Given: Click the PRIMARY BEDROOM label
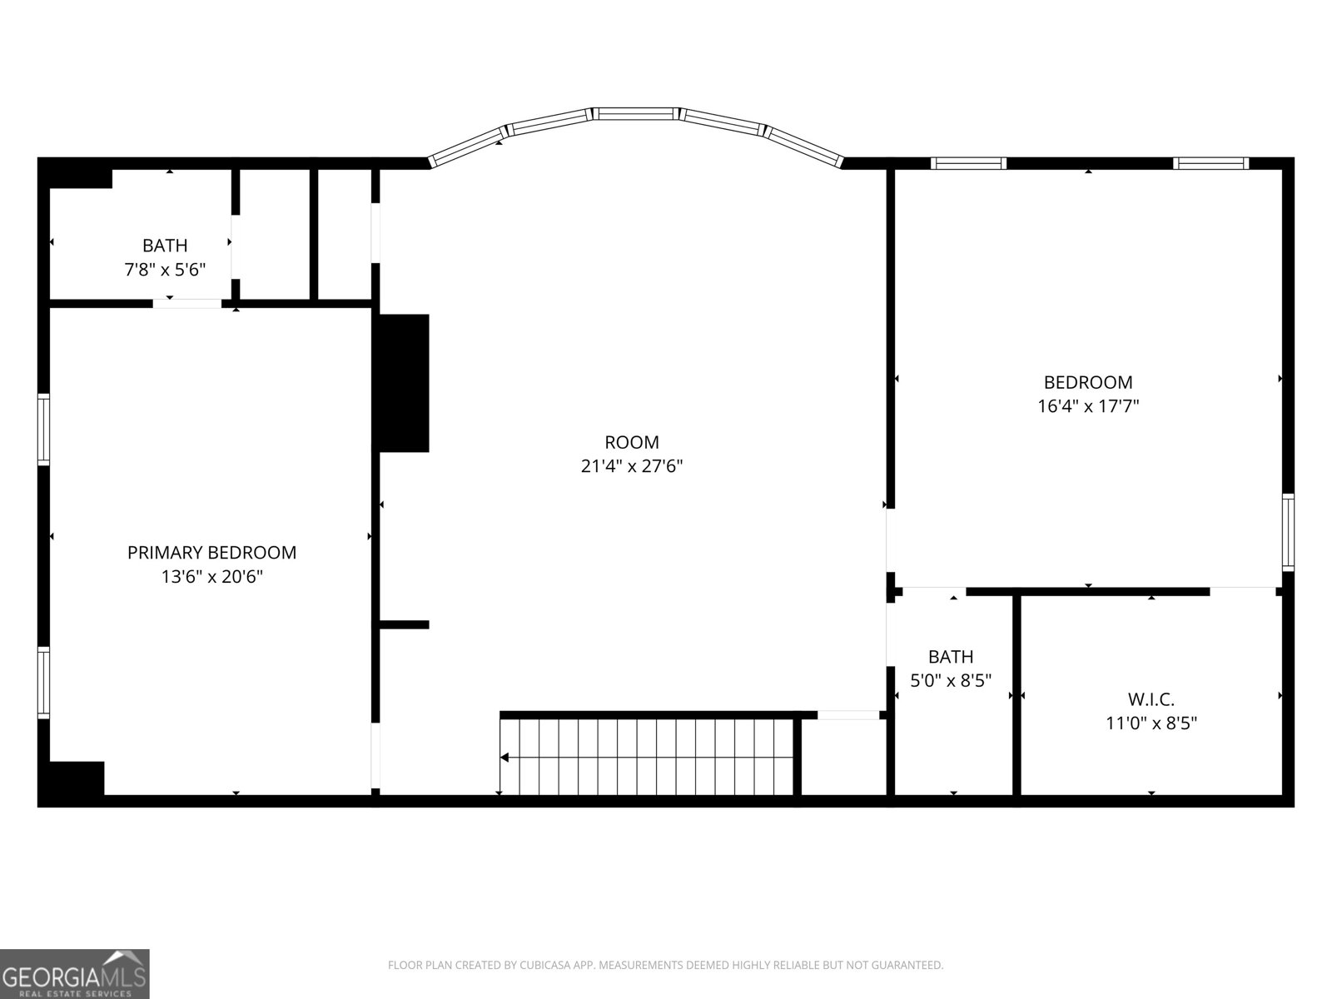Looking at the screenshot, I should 211,552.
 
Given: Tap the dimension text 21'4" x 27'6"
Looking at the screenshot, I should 631,466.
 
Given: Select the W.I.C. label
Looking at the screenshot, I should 1151,699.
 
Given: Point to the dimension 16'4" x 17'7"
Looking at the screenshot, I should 1088,406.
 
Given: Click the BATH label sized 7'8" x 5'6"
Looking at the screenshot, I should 165,246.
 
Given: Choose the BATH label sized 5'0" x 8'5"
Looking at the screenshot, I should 951,656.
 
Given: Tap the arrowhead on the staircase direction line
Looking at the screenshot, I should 504,758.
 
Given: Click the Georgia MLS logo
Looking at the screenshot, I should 75,973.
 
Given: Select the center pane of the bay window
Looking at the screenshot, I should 637,113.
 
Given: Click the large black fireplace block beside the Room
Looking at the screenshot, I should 405,383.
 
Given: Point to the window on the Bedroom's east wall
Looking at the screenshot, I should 1288,531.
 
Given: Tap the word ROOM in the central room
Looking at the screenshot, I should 631,442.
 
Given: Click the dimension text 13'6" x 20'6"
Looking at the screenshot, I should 211,576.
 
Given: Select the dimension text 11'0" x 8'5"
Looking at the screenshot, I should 1151,723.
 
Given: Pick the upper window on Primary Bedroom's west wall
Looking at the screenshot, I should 43,429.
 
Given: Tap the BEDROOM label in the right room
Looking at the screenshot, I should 1088,382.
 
